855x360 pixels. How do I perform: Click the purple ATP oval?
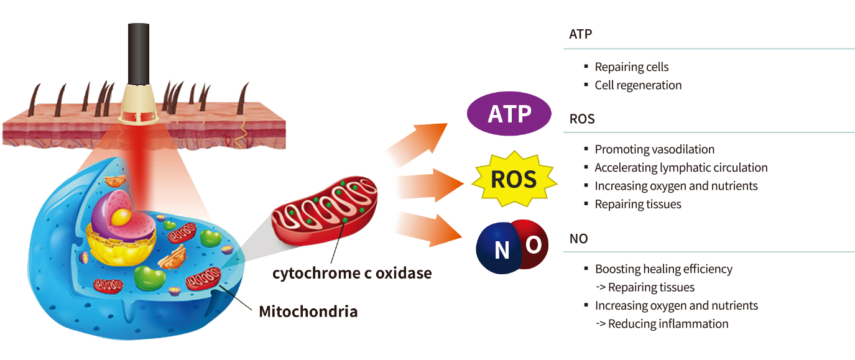point(509,115)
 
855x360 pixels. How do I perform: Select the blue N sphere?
point(500,250)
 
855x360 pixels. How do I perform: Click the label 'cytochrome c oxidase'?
point(352,272)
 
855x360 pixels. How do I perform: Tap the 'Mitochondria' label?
point(308,311)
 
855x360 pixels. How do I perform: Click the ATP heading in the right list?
point(580,35)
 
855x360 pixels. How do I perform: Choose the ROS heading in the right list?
point(582,119)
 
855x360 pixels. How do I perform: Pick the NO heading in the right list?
point(578,239)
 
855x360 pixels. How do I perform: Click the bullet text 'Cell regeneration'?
point(638,85)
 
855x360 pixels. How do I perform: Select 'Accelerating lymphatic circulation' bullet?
point(681,168)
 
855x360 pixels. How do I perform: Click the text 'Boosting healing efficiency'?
point(663,269)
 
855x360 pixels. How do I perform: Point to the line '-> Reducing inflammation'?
point(662,323)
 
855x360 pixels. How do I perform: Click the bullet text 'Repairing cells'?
point(632,67)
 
